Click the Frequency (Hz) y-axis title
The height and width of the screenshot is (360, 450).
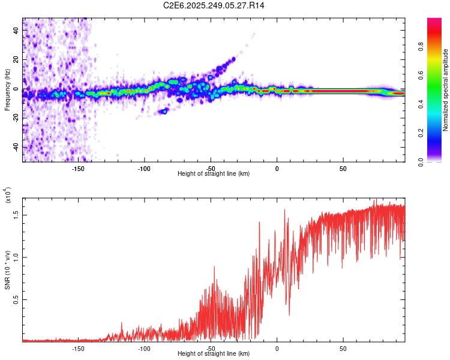[8, 90]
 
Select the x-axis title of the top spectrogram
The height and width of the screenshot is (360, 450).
[214, 174]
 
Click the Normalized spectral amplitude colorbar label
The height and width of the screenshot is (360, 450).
[446, 90]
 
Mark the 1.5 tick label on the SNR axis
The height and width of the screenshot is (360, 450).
[16, 214]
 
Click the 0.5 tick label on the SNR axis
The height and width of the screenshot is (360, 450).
[16, 299]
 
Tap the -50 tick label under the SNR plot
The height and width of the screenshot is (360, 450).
[210, 348]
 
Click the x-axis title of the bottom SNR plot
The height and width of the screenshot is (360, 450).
[214, 355]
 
